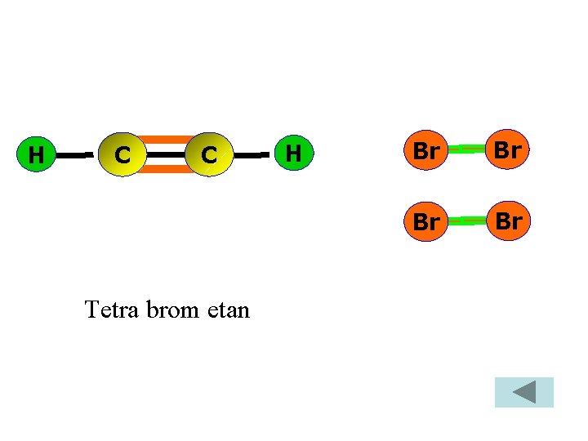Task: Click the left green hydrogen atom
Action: (35, 154)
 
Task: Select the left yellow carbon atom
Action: (122, 154)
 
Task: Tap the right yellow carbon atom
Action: (209, 154)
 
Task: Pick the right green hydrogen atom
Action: (294, 153)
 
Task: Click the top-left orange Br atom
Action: (425, 150)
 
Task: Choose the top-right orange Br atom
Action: (509, 150)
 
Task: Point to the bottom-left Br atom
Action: (425, 220)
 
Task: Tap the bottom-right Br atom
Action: (509, 220)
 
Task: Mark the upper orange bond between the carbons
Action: (167, 139)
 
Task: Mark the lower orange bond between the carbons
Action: (167, 169)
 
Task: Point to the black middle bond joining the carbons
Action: (167, 154)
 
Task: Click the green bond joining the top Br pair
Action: (467, 149)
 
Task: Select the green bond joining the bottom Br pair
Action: (467, 220)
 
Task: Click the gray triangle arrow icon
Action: (523, 393)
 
